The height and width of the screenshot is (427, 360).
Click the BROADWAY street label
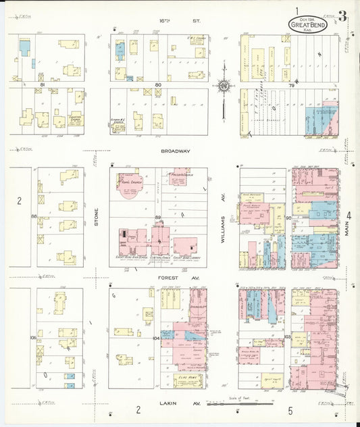[x=176, y=151]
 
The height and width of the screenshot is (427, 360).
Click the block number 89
[x=158, y=217]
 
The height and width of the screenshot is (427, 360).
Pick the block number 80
[x=158, y=85]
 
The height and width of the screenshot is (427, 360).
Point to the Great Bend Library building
[x=186, y=246]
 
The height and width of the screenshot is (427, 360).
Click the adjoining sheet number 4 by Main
[x=349, y=216]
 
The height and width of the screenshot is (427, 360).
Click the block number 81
[x=42, y=84]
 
